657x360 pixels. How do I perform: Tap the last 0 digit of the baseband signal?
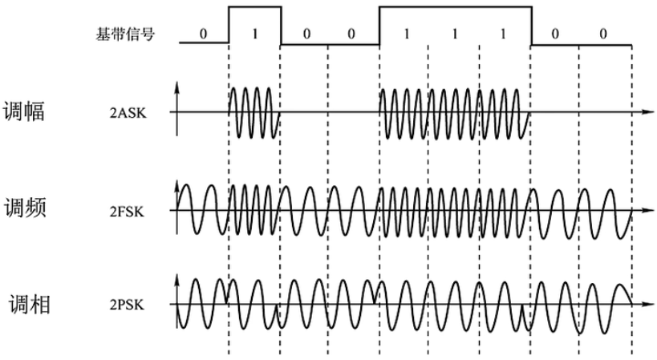point(603,35)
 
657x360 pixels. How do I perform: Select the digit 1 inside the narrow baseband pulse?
point(255,35)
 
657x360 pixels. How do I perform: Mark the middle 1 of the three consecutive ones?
point(453,35)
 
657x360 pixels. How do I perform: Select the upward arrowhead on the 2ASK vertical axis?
point(177,84)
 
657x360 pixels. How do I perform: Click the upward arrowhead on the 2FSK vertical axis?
point(177,184)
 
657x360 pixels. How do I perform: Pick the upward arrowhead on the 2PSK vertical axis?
point(177,277)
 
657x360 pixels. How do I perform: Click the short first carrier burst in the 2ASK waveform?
point(254,112)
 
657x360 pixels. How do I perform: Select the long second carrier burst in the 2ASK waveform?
point(453,112)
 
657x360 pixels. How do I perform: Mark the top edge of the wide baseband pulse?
point(455,8)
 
